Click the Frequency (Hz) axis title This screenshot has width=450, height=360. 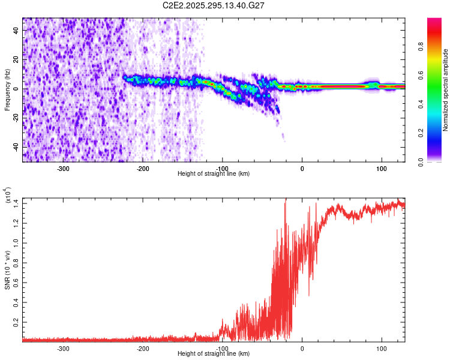7,90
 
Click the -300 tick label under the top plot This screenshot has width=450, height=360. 63,168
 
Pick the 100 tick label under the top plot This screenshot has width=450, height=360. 381,168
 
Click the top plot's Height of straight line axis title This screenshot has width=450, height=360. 214,174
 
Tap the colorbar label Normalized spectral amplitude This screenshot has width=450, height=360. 446,90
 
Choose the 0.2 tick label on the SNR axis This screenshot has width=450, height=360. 15,322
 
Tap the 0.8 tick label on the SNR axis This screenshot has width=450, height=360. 15,263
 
